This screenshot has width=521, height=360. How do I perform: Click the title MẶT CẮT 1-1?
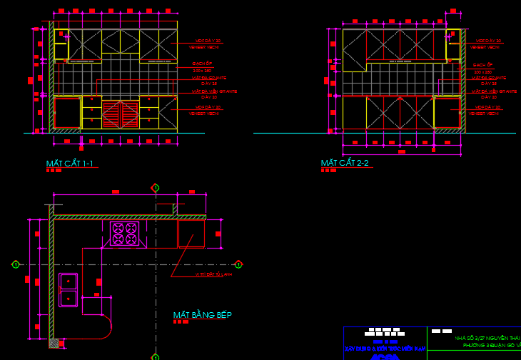click(x=69, y=164)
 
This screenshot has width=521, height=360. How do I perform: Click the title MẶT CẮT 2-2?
click(x=345, y=163)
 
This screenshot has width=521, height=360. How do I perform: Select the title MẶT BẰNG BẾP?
click(x=202, y=315)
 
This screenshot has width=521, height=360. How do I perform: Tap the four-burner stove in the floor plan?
click(x=124, y=234)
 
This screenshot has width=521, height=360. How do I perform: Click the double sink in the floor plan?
click(x=68, y=289)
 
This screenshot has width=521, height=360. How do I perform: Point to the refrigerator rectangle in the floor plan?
click(x=191, y=234)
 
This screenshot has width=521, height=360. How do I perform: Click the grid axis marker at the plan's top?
click(x=155, y=188)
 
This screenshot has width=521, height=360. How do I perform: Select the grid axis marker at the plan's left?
click(x=15, y=265)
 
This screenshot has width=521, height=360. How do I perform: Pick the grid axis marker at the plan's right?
click(x=238, y=265)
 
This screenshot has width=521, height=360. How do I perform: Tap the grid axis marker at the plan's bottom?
click(x=155, y=356)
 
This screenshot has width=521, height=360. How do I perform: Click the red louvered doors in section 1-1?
click(x=120, y=114)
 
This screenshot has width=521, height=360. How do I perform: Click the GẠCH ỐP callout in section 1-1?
click(x=202, y=64)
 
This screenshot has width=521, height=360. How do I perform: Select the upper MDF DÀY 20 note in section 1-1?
click(x=208, y=41)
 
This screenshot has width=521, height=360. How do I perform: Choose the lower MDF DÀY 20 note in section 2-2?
click(x=489, y=107)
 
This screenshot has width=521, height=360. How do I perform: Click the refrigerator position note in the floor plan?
click(x=214, y=274)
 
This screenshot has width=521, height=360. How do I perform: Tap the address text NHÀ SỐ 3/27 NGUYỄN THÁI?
click(x=487, y=338)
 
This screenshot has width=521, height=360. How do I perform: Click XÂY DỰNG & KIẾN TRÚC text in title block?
click(x=385, y=349)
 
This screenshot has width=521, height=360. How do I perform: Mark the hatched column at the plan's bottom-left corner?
click(x=54, y=343)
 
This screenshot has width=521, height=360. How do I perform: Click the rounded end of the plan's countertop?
click(x=104, y=329)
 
